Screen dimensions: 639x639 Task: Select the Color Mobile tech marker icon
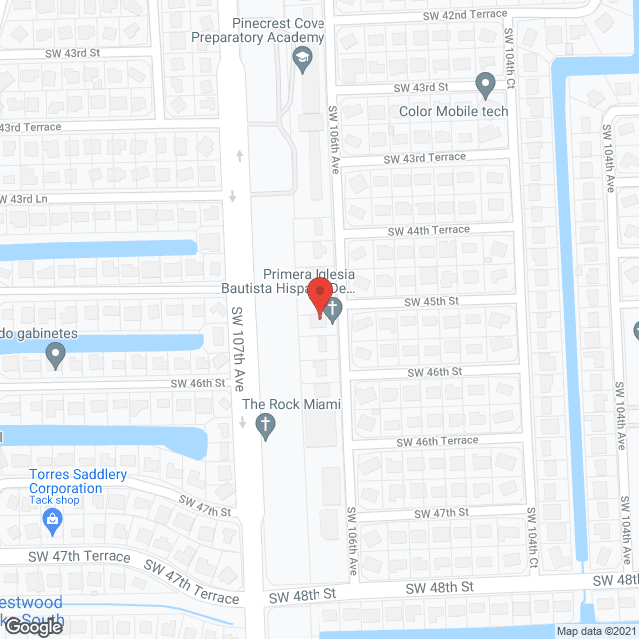click(486, 87)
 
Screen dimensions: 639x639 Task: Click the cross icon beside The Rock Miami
click(266, 427)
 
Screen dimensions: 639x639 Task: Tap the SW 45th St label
click(430, 301)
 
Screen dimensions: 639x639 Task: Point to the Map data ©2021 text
click(596, 630)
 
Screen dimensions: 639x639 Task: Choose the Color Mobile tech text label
click(454, 111)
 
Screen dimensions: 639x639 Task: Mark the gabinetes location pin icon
click(56, 353)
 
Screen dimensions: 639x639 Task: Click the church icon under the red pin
click(333, 313)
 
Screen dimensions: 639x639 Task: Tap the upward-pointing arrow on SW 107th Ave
click(238, 155)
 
